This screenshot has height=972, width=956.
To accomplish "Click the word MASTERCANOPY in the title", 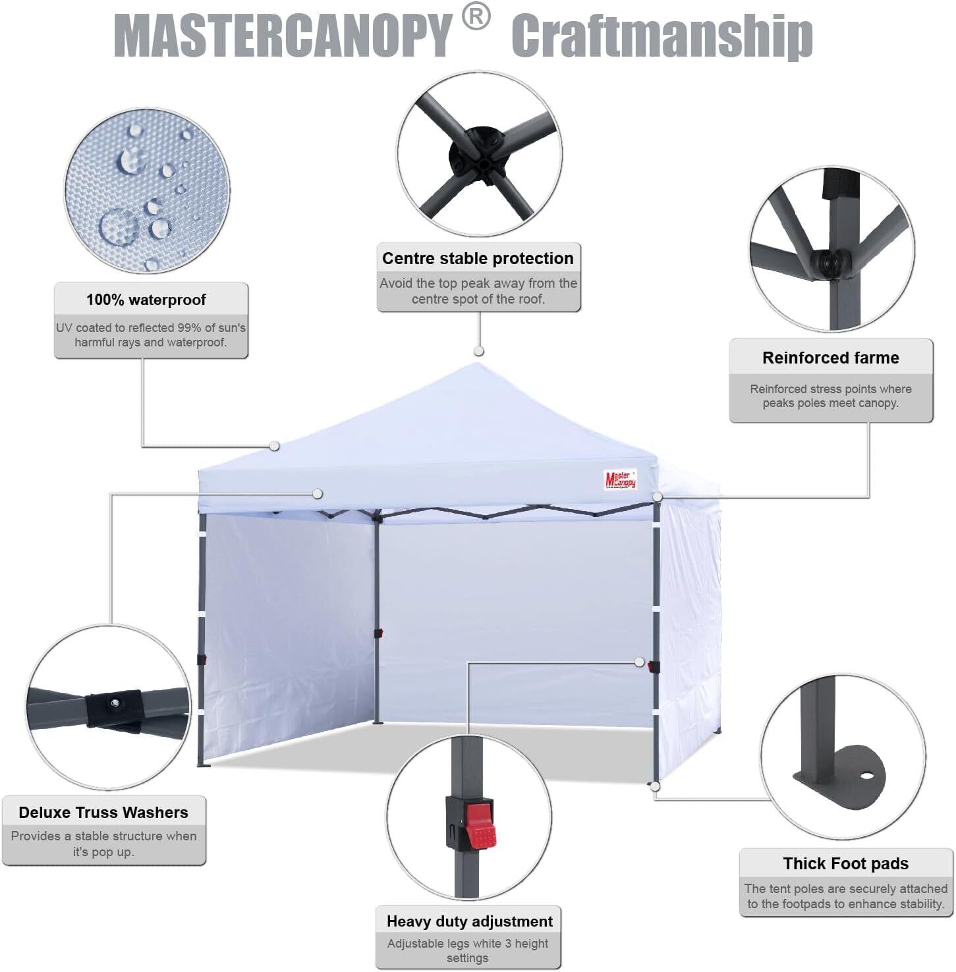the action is [x=283, y=36].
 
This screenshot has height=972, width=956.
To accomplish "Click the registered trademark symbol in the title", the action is [x=476, y=18].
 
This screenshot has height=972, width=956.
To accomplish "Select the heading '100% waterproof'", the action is [x=146, y=300].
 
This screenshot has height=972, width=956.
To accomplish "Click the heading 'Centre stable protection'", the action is [x=478, y=258].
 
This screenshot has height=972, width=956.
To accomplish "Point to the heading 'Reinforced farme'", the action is [x=830, y=358].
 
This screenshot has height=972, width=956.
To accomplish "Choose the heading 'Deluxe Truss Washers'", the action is [x=103, y=813].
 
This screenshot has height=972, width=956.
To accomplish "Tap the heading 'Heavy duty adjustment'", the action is [x=470, y=921].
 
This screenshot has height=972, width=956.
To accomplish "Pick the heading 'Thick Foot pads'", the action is [x=845, y=863].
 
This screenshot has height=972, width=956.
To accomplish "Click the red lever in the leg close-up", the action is [x=479, y=823].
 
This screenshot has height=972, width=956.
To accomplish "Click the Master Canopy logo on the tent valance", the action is [x=621, y=479].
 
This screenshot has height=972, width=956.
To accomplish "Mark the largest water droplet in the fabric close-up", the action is [x=119, y=227].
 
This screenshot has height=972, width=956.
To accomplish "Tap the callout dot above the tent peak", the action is [x=479, y=351].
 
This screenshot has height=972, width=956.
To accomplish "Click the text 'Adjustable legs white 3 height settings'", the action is [x=468, y=951].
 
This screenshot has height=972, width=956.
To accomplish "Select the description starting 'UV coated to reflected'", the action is [x=151, y=335].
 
